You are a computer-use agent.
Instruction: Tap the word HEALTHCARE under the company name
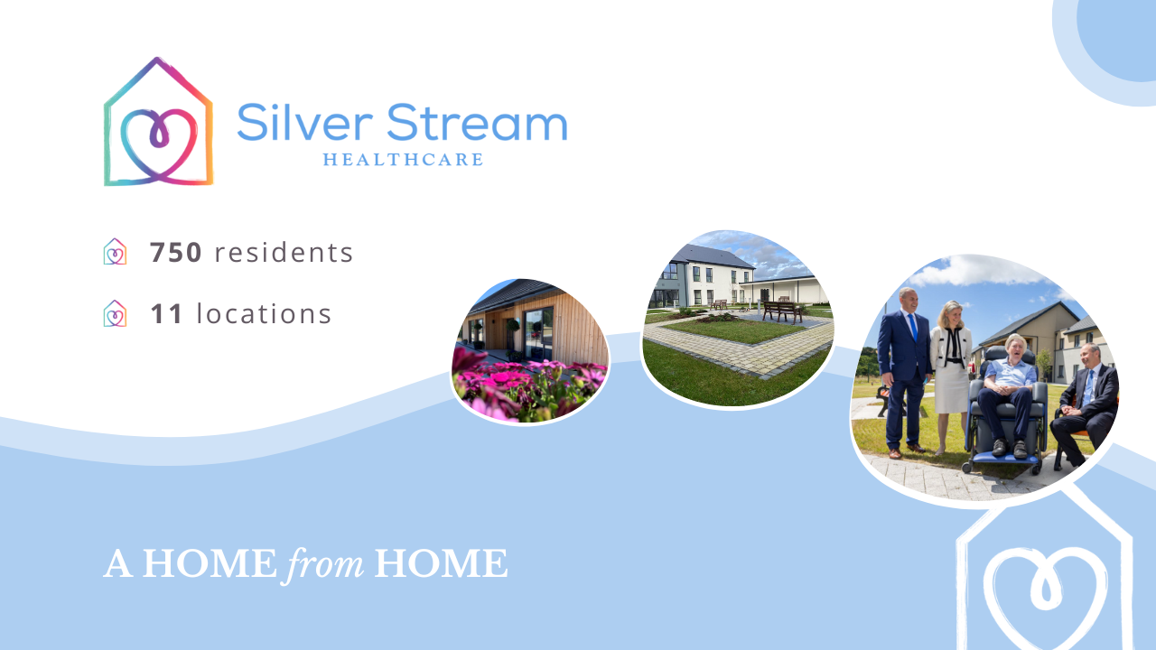[403, 160]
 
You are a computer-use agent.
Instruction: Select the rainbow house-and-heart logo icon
[158, 123]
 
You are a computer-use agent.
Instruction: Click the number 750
[176, 253]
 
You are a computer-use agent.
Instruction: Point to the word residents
[284, 253]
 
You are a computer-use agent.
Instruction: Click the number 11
[167, 314]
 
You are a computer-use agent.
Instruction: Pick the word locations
[264, 314]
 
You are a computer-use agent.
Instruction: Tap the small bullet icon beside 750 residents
[115, 252]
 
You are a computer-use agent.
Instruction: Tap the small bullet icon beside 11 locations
[115, 313]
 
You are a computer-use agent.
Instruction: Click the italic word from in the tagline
[325, 564]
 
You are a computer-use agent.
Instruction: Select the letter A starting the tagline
[118, 564]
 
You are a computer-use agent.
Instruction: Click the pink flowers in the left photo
[515, 384]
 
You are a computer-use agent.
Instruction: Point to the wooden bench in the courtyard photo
[782, 311]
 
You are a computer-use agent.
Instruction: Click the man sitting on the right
[1088, 397]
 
